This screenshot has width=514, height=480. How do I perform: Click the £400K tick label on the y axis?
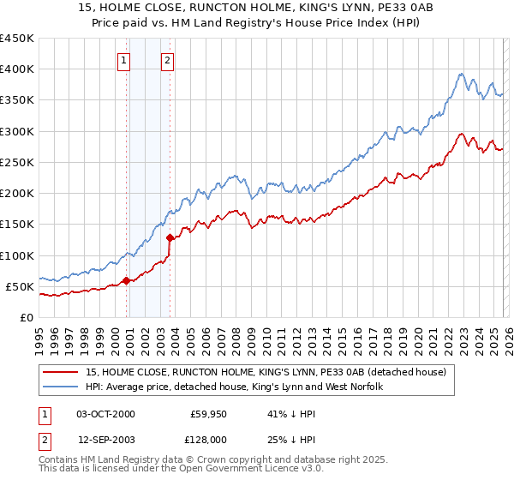pos(17,69)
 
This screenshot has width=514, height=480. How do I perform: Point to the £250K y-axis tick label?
pos(17,162)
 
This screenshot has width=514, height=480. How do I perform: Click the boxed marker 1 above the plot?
pos(125,60)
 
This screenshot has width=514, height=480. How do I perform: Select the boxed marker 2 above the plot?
pos(166,60)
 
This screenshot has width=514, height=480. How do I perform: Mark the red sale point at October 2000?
pos(126,280)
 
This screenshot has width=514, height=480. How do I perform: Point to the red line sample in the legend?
pos(62,373)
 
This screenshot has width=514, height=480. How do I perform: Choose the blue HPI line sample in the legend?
pos(62,387)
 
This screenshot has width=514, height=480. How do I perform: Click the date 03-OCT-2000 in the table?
pos(105,414)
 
